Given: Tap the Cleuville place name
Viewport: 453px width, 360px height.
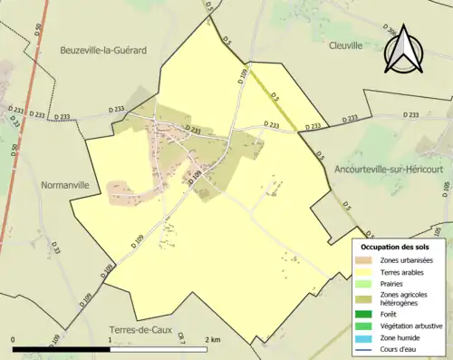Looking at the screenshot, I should [345, 44].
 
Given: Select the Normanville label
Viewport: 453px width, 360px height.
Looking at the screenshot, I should [65, 184].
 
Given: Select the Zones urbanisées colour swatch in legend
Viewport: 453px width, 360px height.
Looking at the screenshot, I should [365, 261].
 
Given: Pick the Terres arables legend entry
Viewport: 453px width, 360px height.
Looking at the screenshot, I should [405, 271].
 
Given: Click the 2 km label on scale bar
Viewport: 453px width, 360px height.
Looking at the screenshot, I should [213, 340].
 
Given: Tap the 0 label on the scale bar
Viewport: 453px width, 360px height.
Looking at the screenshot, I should [14, 340].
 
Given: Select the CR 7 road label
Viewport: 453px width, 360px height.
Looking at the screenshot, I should [180, 337].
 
